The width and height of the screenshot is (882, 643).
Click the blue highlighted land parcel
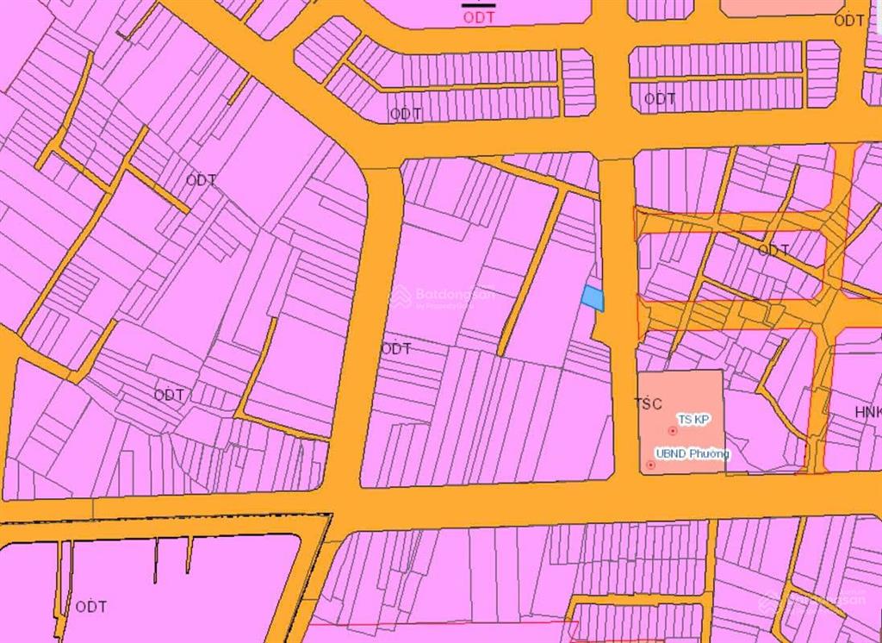pos(593,298)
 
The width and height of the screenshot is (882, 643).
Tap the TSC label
pos(648,403)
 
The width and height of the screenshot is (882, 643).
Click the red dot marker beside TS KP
pos(672,430)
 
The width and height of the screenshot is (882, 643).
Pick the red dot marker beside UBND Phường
pos(650,465)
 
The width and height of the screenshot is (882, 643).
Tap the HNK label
pos(868,413)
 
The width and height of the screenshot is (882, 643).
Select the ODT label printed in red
pos(478,17)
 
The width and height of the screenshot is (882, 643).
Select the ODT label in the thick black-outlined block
pos(90,607)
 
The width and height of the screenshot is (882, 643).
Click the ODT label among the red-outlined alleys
pos(773,250)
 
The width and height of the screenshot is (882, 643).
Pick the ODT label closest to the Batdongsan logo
pos(396,349)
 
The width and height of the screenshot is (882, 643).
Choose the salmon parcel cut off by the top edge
pos(780,8)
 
